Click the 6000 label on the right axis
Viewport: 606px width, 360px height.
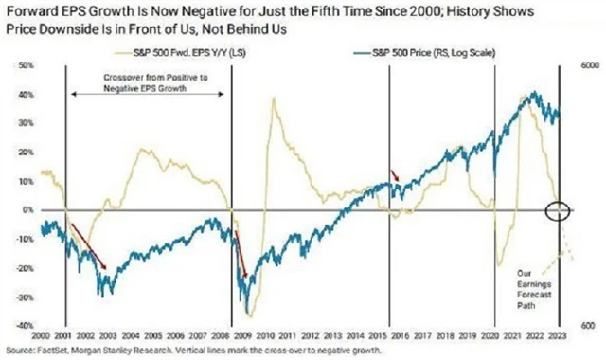pyautogui.click(x=589, y=65)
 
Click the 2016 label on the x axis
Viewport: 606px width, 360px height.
pyautogui.click(x=392, y=337)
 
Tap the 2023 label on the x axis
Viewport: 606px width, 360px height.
pyautogui.click(x=561, y=337)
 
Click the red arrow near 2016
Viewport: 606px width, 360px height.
pyautogui.click(x=396, y=175)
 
